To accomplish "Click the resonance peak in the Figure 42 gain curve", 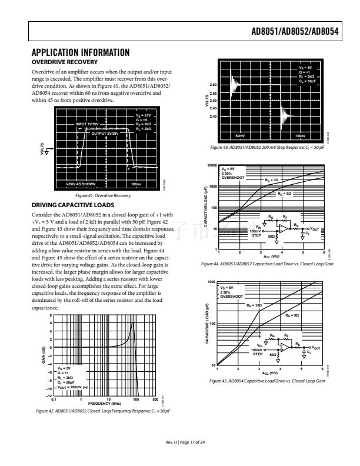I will (x=134, y=323).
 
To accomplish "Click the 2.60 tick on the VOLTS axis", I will (x=213, y=86).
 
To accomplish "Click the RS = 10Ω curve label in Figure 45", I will (x=254, y=305).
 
